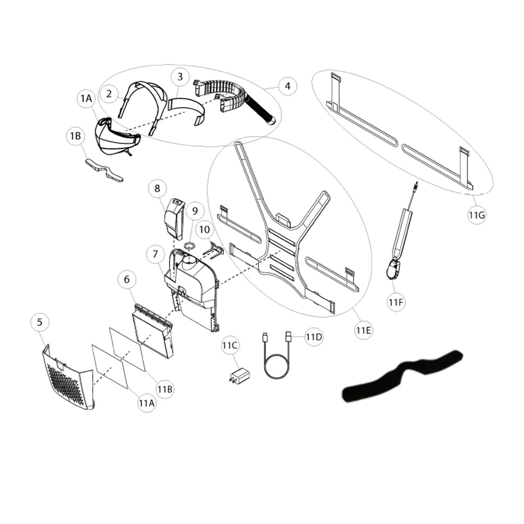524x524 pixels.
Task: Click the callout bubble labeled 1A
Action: tap(86, 99)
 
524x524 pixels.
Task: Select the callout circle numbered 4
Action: tap(288, 86)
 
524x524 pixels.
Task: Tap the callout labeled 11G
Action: tap(477, 215)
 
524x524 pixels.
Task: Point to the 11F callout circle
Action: tap(396, 302)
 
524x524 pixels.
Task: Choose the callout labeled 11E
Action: tap(364, 330)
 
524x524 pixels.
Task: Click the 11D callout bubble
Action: tap(314, 337)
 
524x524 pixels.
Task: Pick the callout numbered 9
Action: tap(195, 211)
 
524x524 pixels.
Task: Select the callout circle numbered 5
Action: tap(40, 322)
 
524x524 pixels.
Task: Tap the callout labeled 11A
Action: tap(147, 403)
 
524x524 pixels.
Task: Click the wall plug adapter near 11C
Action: tap(240, 376)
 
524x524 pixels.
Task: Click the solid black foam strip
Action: tap(402, 375)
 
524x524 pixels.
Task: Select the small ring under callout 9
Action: tap(190, 246)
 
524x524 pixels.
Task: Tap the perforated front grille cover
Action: tap(69, 378)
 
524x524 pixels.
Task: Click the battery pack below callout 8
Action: tap(174, 219)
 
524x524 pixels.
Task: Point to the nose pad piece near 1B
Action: tap(104, 170)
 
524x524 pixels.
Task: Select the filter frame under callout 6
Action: tap(153, 331)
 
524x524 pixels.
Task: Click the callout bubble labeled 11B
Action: tap(165, 390)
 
